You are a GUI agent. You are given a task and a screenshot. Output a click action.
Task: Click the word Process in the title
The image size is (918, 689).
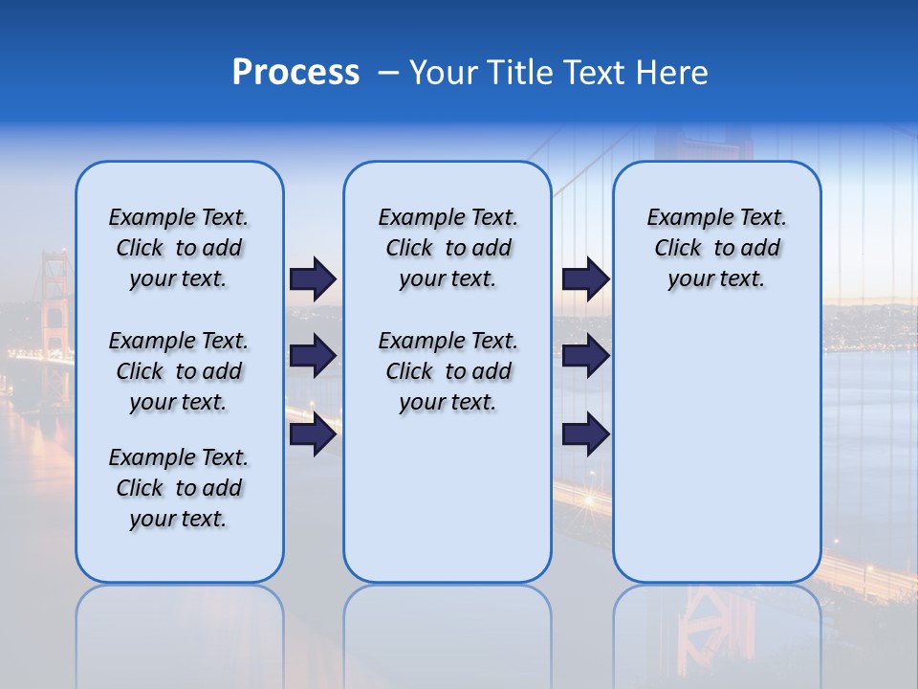[x=295, y=73]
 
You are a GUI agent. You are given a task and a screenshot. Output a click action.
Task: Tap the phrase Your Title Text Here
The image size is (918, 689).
[x=558, y=73]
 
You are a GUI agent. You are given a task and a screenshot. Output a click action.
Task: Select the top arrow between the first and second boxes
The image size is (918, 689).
[x=313, y=278]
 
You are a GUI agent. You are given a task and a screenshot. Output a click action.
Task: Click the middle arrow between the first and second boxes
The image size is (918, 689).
[x=313, y=356]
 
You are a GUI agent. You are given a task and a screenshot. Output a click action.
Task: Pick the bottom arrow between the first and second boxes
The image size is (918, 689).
[x=313, y=434]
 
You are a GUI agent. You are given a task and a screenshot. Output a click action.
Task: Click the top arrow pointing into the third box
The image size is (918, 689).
[x=585, y=278]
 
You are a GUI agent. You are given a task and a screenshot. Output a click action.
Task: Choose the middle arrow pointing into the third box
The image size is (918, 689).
[x=585, y=356]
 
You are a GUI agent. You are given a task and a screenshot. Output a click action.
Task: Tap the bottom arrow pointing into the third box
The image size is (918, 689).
[x=585, y=434]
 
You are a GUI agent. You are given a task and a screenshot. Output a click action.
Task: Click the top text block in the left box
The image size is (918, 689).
[x=179, y=248]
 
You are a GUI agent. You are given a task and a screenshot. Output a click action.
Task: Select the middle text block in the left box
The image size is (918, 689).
[x=179, y=371]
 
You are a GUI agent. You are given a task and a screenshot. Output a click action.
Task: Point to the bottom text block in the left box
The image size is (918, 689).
[x=179, y=488]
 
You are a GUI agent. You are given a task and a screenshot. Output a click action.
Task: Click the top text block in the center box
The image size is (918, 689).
[x=448, y=248]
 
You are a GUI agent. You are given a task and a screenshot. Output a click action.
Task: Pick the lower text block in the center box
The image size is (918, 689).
[x=448, y=371]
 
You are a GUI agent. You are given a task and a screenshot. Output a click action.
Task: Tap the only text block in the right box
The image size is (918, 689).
[x=716, y=248]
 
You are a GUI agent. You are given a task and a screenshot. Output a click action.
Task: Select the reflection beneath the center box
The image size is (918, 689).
[x=448, y=632]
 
